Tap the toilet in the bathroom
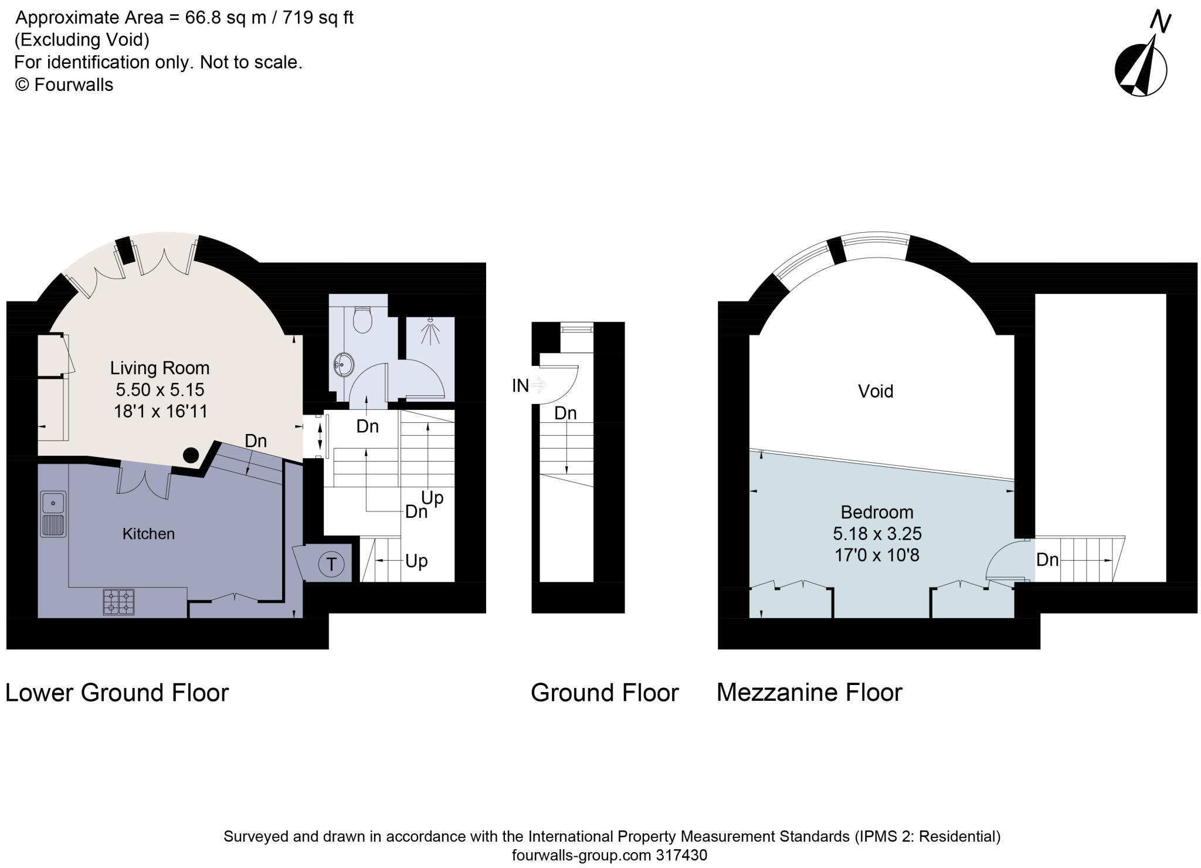pos(362,320)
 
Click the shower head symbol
pos(432,333)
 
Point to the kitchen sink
pos(53,514)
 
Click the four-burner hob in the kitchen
pos(118,602)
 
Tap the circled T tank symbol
pos(331,564)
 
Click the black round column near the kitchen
pos(191,455)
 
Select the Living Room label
pos(160,368)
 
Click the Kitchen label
pos(148,534)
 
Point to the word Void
pos(875,391)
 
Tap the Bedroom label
pos(877,512)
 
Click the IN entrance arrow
pos(538,385)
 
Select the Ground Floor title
pos(604,693)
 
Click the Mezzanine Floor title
pos(809,693)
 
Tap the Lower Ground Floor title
pos(117,693)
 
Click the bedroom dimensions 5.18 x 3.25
pos(877,534)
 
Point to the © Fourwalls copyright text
pos(64,85)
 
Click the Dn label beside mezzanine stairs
pos(1047,560)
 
